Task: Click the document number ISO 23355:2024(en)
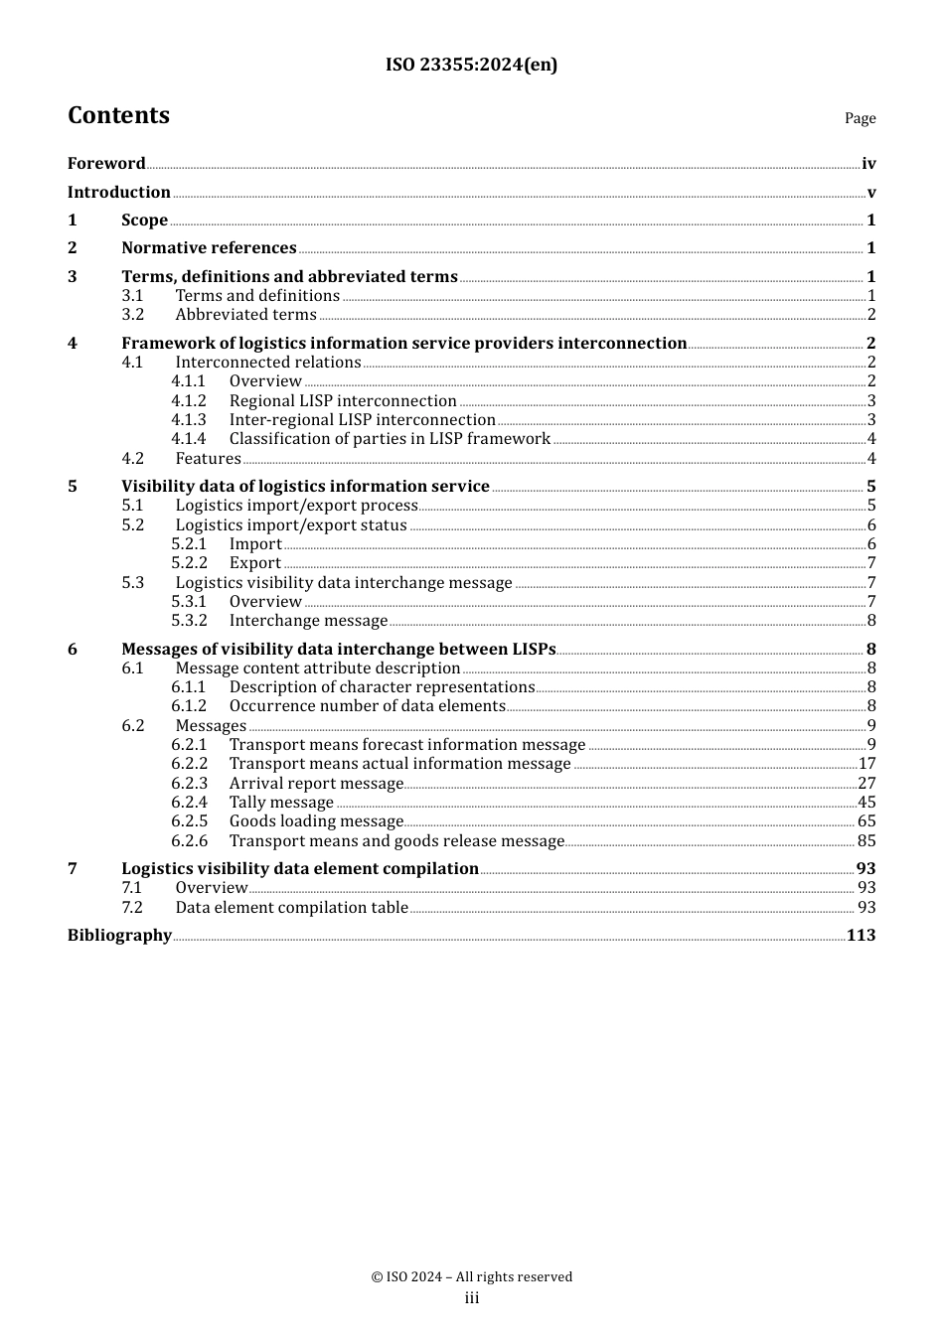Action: tap(471, 65)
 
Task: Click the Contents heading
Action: tap(118, 115)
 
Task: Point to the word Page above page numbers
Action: tap(860, 118)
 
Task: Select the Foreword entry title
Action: tap(106, 163)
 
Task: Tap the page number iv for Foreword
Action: tap(868, 164)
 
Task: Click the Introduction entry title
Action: tap(119, 192)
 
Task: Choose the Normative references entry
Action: tap(209, 248)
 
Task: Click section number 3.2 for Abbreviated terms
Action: tap(133, 315)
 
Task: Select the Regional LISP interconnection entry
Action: tap(343, 401)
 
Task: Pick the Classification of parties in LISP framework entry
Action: tap(390, 439)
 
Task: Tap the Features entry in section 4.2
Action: tap(208, 459)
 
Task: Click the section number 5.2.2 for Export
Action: tap(189, 563)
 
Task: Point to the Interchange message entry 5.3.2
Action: tap(308, 621)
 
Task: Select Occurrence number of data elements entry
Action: tap(367, 706)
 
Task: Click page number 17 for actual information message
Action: tap(866, 764)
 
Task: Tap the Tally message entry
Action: tap(281, 803)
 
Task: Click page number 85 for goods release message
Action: tap(866, 841)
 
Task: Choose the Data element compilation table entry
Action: tap(291, 908)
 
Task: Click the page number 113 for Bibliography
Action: tap(862, 936)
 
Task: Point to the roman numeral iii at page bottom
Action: tap(472, 1298)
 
